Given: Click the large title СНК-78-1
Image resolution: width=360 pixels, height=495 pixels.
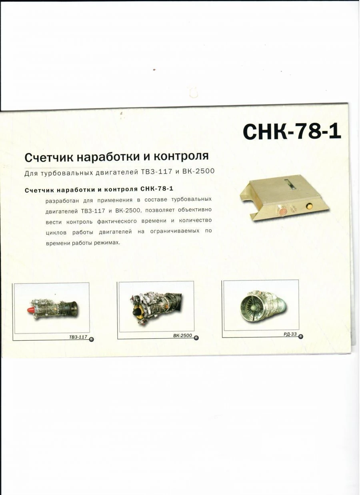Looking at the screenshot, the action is [x=292, y=132].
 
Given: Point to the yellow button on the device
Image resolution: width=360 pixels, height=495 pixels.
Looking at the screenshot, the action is [x=309, y=206].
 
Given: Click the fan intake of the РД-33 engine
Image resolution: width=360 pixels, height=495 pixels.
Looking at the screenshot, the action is [x=252, y=308].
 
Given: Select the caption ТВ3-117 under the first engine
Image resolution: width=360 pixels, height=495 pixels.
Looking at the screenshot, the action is [x=78, y=337].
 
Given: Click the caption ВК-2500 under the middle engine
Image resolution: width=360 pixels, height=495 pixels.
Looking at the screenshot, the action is [x=182, y=335].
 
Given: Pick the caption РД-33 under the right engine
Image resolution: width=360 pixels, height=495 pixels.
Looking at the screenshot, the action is [x=290, y=334].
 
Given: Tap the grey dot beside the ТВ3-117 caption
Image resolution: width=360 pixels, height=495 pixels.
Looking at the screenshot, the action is [x=91, y=339].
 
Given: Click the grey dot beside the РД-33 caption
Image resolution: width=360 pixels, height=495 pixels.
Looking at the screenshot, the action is [x=300, y=336].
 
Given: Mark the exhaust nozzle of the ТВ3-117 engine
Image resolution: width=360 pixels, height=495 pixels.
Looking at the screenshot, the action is [x=73, y=307].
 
